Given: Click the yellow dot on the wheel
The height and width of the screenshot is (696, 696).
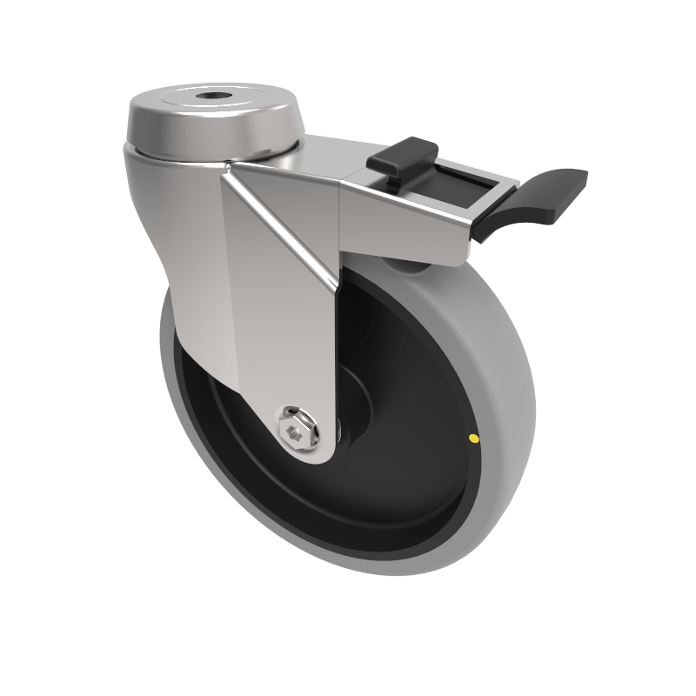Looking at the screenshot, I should [472, 438].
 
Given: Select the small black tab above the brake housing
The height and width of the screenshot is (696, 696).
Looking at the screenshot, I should [401, 155].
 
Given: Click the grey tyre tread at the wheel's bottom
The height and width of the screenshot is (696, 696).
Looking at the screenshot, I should [391, 565].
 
